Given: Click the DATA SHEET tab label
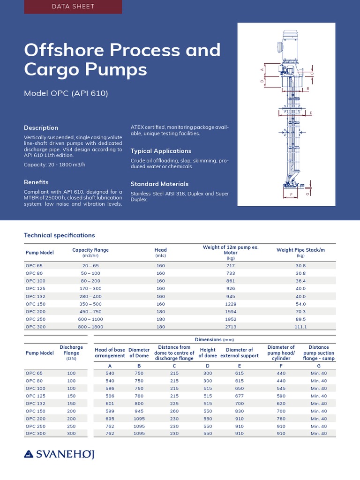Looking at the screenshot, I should [x=72, y=7].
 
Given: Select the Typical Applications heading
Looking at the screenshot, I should [x=161, y=151].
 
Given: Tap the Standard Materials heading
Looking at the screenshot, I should [x=159, y=184].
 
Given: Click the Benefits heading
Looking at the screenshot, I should [x=36, y=182].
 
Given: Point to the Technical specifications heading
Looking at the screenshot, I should [x=59, y=235].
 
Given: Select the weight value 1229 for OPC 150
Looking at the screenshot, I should [x=231, y=304].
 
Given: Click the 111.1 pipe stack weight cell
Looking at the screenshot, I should [x=300, y=327].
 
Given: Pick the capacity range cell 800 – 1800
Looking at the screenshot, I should [x=90, y=327].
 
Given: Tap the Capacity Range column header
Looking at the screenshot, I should [x=90, y=250].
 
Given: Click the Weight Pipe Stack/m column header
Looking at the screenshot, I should [x=300, y=250].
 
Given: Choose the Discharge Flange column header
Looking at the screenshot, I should [x=71, y=352].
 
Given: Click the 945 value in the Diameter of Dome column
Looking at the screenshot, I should [x=139, y=411].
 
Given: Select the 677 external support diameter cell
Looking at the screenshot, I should [x=240, y=396].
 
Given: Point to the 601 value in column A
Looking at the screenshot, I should [x=110, y=403].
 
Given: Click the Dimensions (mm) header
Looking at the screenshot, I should [x=214, y=339].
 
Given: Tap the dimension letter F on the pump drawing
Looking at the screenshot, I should [x=291, y=194].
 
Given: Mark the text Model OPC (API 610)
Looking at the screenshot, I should [x=66, y=93].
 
